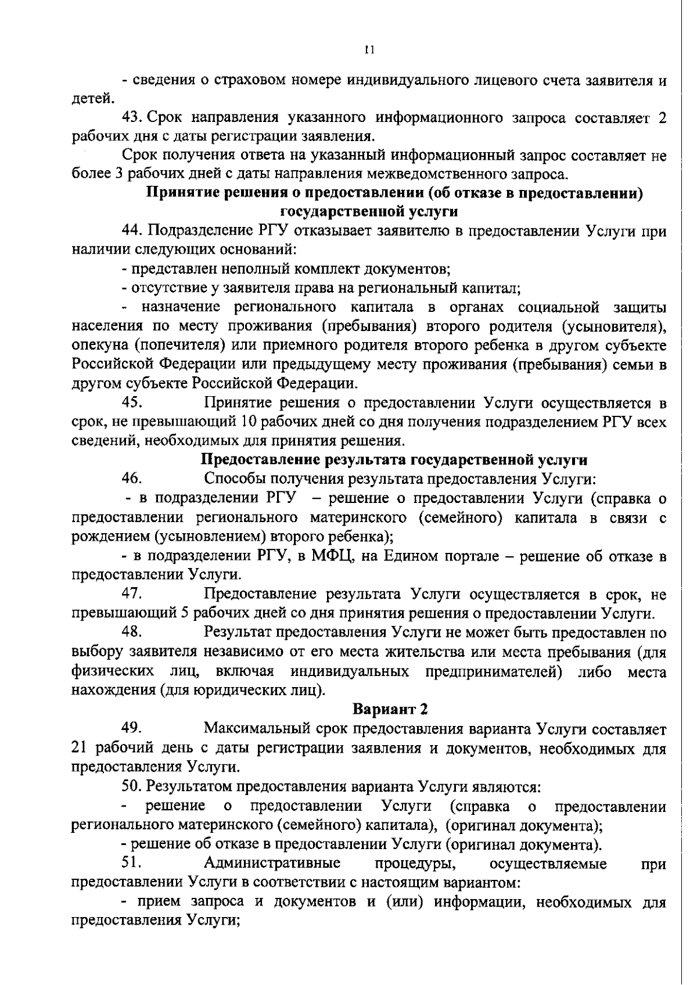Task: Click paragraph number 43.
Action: (132, 118)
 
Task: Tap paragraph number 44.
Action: (132, 231)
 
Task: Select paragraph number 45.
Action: (132, 402)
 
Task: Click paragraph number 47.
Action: (132, 594)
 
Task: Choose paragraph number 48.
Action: (132, 632)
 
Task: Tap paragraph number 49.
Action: (132, 728)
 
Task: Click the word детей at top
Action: (89, 99)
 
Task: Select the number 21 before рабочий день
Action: (78, 747)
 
